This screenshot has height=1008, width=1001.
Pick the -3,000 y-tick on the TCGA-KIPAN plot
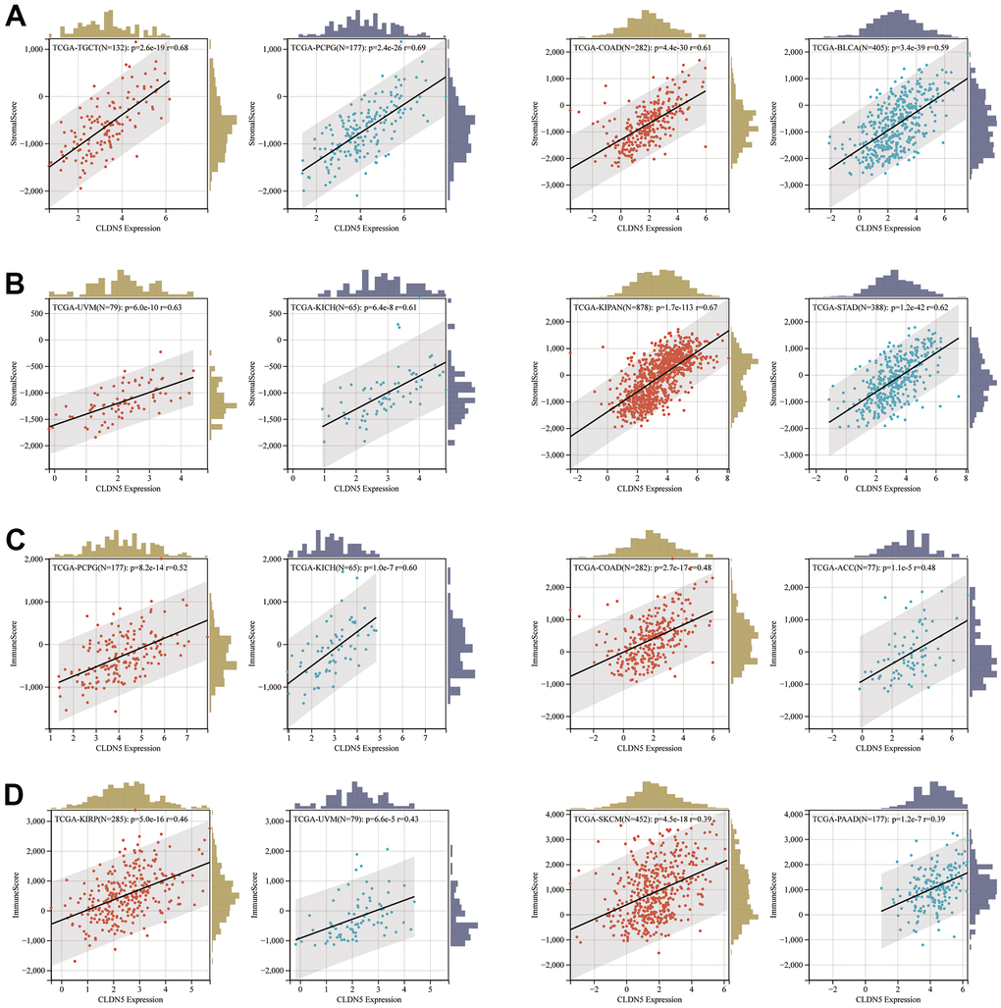point(552,454)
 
